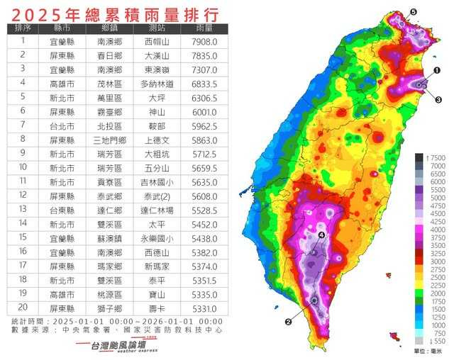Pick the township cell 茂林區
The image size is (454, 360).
(x=109, y=82)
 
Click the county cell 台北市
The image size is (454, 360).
(x=62, y=124)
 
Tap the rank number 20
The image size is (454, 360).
(x=22, y=306)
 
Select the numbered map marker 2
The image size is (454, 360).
(x=288, y=321)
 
